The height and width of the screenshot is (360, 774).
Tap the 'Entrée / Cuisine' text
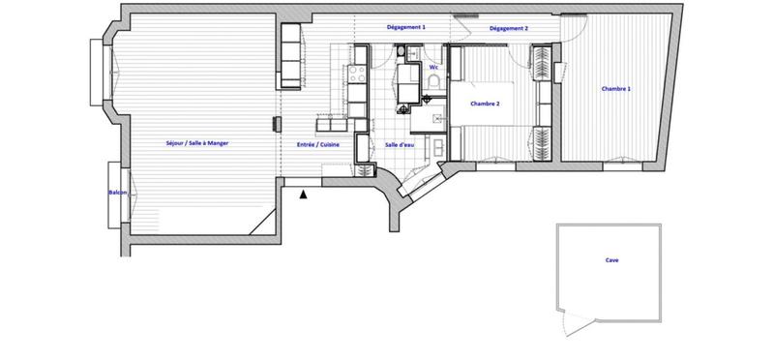(317, 143)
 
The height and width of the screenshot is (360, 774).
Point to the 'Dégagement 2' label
(508, 29)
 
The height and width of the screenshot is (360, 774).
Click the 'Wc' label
(433, 68)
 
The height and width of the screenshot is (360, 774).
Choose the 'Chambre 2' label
(484, 104)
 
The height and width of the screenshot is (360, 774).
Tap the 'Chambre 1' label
(616, 88)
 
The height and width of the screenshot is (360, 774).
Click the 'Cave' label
(611, 260)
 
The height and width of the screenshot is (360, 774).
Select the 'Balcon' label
(118, 193)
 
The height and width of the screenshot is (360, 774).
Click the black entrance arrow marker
(304, 195)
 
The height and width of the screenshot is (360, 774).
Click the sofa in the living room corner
(290, 53)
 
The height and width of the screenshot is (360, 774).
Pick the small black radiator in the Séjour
(277, 123)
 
